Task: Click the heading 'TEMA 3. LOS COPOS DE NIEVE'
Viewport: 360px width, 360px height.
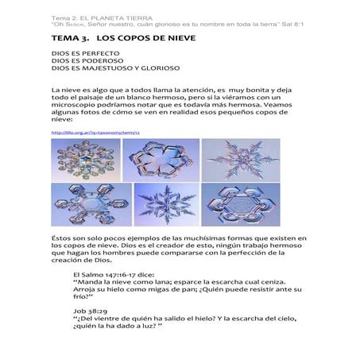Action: pos(122,37)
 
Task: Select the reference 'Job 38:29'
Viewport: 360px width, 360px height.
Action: pos(87,310)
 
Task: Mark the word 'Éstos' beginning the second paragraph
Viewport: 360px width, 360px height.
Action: pos(63,238)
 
